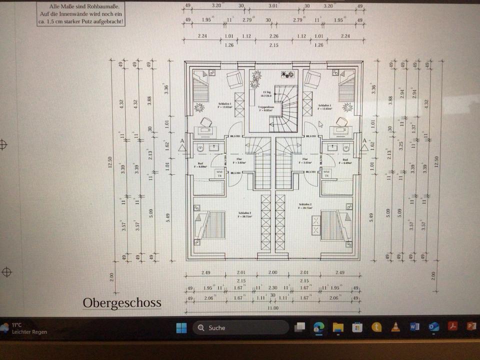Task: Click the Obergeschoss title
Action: coord(122,302)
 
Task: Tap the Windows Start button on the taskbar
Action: coord(181,328)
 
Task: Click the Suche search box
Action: coord(240,328)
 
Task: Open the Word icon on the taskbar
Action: coord(414,327)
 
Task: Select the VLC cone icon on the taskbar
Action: coord(395,327)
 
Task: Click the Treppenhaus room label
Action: coord(264,107)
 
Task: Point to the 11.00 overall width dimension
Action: coord(272,308)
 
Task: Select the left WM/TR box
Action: coord(219,173)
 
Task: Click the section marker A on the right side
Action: coord(364,140)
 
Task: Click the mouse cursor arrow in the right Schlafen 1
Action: coord(320,123)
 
